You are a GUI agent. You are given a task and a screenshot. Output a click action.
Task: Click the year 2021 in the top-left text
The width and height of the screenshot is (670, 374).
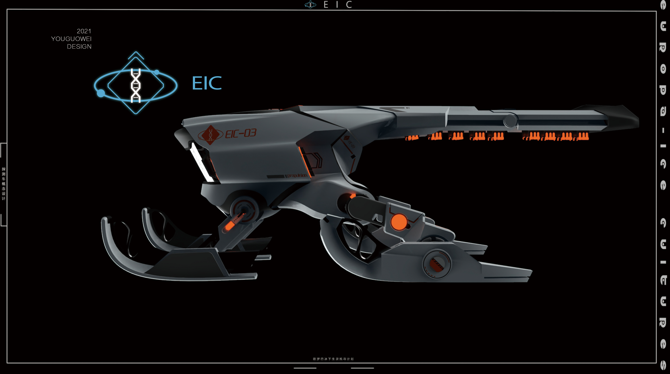click(x=84, y=31)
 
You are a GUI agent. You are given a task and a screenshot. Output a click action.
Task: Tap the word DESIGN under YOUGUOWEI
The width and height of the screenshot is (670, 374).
click(x=79, y=46)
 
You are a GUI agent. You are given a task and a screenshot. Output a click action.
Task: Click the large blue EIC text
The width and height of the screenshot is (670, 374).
click(x=207, y=83)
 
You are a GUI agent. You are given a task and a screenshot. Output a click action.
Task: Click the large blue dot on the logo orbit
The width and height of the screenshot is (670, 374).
click(x=101, y=93)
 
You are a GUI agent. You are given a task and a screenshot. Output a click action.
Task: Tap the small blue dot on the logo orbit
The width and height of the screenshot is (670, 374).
click(x=157, y=72)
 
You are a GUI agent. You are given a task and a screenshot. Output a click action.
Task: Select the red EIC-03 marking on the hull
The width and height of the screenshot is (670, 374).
click(x=241, y=133)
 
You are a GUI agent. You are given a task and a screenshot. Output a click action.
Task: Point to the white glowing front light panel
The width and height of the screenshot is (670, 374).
click(x=201, y=162)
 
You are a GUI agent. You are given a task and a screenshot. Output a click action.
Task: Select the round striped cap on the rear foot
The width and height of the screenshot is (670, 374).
click(x=437, y=263)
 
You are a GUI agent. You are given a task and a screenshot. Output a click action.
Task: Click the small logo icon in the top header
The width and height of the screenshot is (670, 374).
click(x=310, y=5)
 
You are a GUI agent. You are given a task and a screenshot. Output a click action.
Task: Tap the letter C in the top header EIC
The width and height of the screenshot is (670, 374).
click(x=349, y=5)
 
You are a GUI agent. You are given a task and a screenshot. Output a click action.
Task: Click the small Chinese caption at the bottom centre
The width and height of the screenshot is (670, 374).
click(x=333, y=359)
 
